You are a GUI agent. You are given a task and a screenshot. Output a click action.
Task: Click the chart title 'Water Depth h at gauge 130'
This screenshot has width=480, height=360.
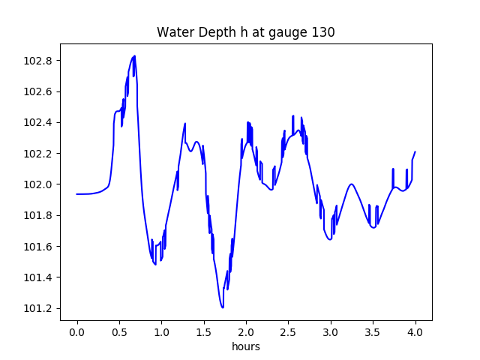245,32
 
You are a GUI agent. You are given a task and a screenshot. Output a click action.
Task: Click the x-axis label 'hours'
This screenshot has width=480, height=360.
245,347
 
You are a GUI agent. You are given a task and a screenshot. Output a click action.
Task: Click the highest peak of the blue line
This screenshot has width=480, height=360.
134,56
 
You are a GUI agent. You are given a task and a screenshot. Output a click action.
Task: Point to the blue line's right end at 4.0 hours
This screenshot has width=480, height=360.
415,152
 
